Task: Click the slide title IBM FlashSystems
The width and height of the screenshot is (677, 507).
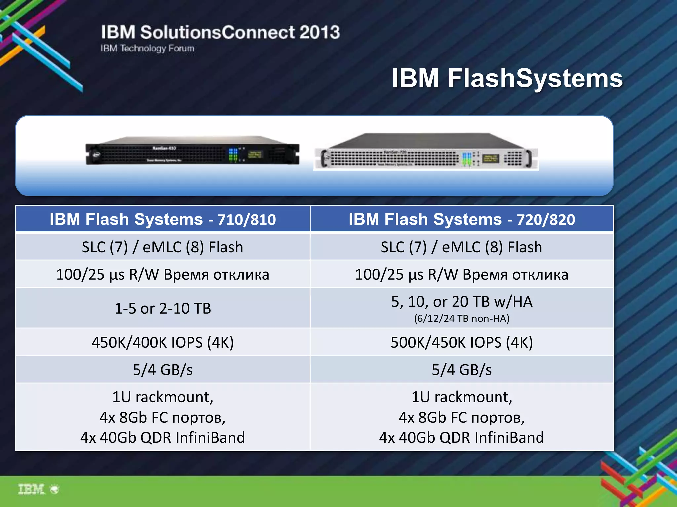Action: point(507,79)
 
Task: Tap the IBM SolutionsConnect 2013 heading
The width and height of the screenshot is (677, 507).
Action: point(220,32)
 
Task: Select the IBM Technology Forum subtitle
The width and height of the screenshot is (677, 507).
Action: point(147,48)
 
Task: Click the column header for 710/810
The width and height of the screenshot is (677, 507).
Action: point(163,219)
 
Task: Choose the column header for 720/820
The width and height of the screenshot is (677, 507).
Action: point(461,219)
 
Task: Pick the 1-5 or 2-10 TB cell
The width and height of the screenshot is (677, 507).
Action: point(163,308)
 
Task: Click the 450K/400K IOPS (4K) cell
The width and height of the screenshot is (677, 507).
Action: point(163,342)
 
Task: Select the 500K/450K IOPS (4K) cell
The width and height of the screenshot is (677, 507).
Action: point(461,342)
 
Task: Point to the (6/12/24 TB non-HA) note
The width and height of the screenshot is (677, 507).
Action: point(461,319)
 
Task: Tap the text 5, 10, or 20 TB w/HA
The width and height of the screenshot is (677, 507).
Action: point(461,301)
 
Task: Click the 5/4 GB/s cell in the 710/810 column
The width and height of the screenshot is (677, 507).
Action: point(163,370)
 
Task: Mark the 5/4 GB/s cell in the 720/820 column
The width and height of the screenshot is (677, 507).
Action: point(461,370)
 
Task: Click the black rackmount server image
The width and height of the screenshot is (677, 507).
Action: point(192,151)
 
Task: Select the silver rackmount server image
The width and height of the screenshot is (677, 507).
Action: point(426,152)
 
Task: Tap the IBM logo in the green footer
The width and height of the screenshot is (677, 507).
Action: point(31,489)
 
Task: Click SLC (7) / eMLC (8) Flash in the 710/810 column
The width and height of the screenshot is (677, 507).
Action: point(163,247)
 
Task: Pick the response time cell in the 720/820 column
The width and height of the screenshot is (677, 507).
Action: point(461,274)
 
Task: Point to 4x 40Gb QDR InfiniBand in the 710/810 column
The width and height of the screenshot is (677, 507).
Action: point(163,438)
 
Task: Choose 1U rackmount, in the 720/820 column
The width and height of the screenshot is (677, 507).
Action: point(461,397)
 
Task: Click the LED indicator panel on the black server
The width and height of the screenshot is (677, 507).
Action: point(233,154)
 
